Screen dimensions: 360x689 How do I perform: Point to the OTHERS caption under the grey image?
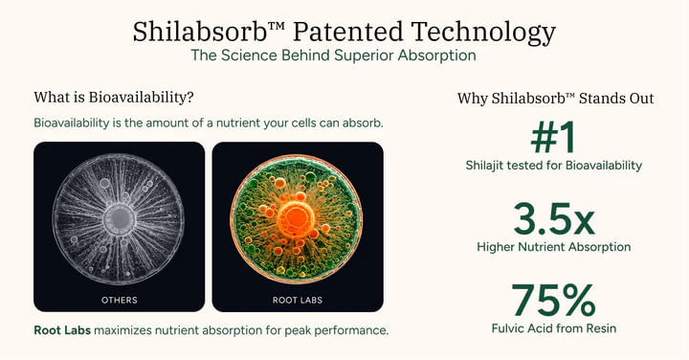[x=119, y=300]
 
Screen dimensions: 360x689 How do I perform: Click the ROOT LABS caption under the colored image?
[x=297, y=300]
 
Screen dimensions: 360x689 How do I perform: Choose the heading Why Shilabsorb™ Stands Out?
[x=555, y=99]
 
